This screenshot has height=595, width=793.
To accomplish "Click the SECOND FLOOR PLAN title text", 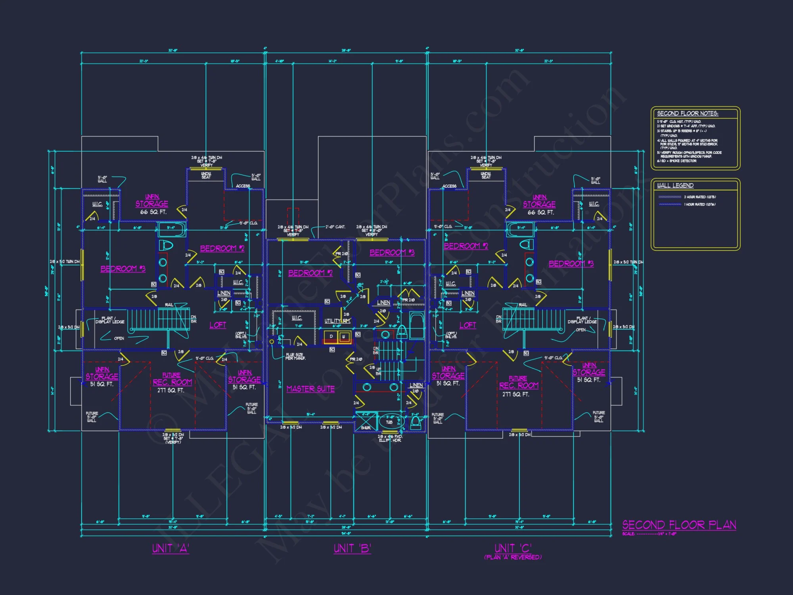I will point(679,525).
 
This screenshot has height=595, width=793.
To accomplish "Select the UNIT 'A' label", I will point(170,549).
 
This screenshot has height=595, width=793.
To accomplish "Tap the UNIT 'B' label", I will point(352,549).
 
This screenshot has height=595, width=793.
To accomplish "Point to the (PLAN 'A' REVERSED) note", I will point(513,557).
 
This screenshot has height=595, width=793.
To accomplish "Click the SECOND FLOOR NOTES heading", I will point(688,113).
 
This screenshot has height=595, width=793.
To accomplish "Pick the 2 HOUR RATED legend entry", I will point(700,197).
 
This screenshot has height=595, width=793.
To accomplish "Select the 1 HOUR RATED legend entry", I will point(700,204).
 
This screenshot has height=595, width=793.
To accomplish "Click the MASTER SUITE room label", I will point(310,389).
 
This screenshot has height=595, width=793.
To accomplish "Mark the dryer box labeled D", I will point(331,337).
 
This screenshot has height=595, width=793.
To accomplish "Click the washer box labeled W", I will point(344,337).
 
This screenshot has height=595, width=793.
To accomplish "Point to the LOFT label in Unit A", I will point(218,325).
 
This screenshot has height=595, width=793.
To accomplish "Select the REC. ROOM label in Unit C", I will point(519,386).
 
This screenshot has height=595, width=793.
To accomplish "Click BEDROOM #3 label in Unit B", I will point(392,253).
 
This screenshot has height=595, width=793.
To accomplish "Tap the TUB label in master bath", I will point(389,422).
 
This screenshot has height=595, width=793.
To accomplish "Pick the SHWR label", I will point(366,428).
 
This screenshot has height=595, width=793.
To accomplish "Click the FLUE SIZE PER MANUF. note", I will point(295,356).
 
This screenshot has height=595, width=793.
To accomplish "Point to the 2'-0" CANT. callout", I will point(335,227).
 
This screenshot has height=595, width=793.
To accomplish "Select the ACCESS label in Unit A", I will point(243,186).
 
